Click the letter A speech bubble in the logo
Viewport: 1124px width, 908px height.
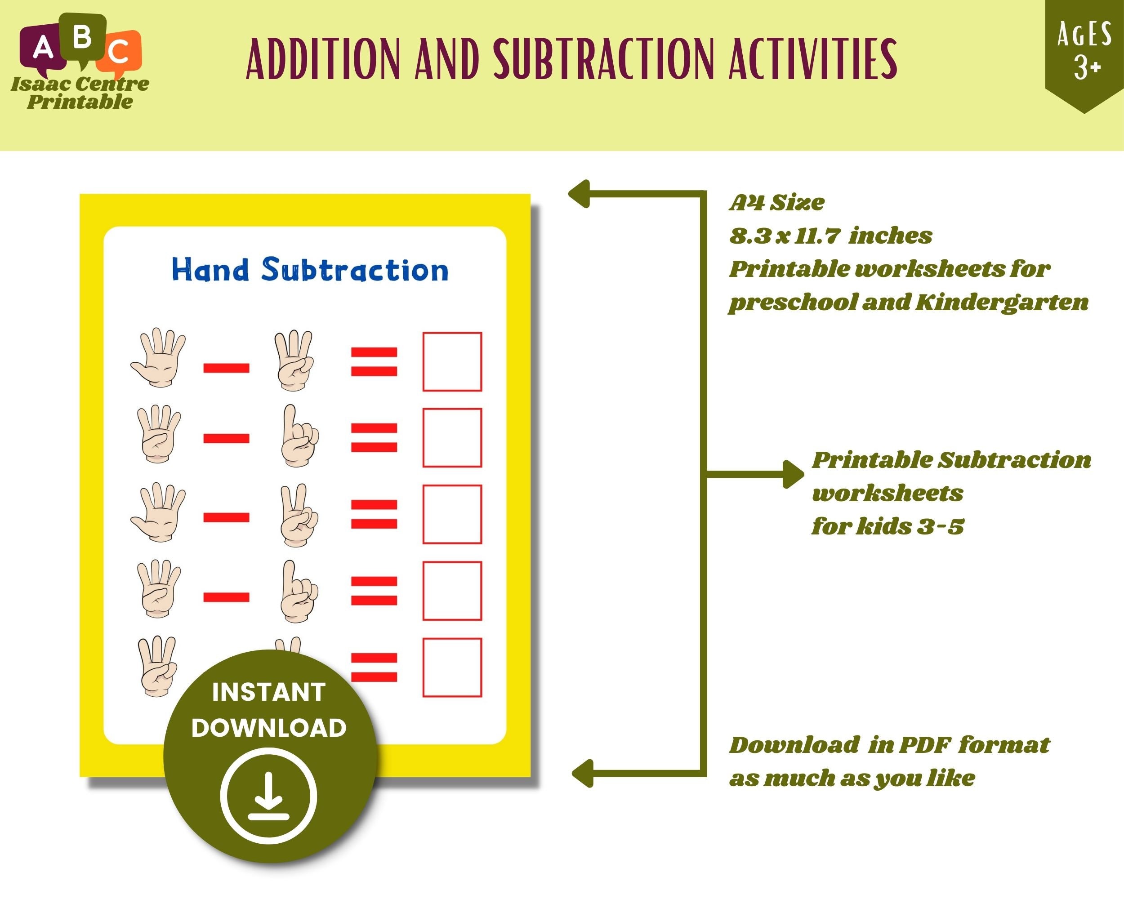[42, 48]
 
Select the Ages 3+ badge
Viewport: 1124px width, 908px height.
[1084, 52]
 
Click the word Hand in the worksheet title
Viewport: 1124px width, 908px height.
[210, 270]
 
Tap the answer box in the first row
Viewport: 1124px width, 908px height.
[452, 361]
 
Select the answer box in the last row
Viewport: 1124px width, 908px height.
[452, 668]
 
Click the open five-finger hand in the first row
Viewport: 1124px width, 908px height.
[158, 357]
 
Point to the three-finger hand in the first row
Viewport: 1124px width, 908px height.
[294, 360]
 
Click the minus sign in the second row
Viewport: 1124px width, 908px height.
[226, 438]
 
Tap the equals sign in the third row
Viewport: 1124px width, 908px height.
[374, 514]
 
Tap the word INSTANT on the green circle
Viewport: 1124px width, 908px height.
[269, 692]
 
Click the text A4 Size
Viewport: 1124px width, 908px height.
[777, 202]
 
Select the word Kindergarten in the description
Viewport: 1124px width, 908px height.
[1002, 303]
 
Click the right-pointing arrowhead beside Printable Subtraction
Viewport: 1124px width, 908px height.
[794, 474]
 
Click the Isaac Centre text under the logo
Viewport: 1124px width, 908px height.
[80, 84]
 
